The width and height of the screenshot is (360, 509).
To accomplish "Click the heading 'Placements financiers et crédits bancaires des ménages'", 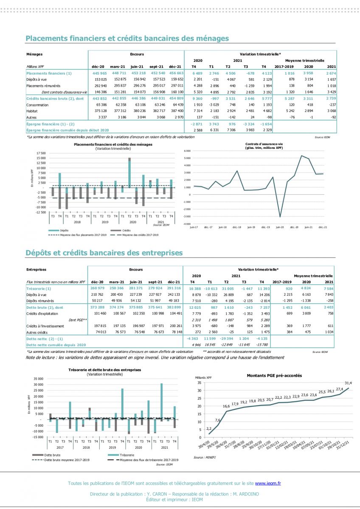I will click(127, 39).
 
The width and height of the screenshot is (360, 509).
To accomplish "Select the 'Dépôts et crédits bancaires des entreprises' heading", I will click(104, 253).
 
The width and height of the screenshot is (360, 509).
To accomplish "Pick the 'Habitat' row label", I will click(33, 110).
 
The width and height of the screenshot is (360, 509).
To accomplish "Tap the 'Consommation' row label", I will click(37, 104).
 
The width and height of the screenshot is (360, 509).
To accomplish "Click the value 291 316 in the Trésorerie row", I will click(174, 288).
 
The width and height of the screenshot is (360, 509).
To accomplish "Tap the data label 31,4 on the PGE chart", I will click(348, 383).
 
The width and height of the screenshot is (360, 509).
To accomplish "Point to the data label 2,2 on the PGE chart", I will click(209, 428).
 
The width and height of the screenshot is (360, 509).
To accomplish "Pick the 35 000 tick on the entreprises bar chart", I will click(38, 379).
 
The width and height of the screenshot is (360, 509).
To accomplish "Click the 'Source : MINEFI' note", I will click(204, 457).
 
